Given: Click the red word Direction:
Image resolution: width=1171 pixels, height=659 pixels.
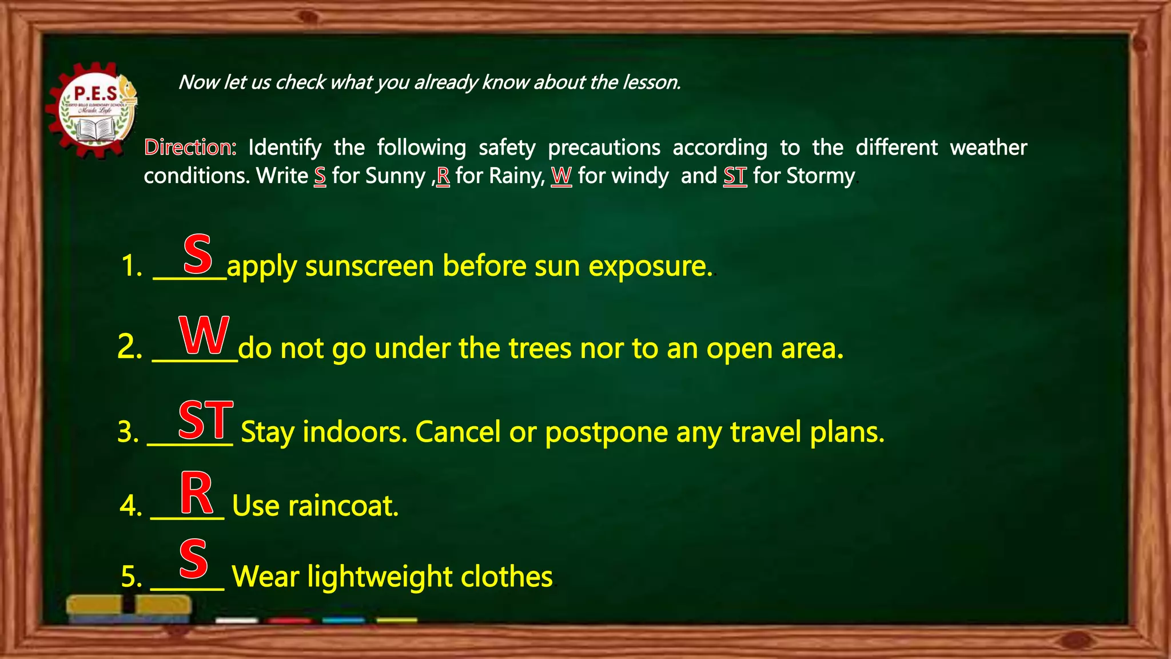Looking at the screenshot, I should coord(190,148).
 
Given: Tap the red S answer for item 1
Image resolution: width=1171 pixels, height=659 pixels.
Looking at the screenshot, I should coord(198,254).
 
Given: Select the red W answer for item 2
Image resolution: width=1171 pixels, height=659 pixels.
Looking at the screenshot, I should coord(204,336).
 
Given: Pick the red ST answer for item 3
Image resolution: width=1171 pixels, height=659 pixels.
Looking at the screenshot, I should coord(206,420).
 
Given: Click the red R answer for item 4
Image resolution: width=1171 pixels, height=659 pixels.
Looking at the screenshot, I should coord(197,493).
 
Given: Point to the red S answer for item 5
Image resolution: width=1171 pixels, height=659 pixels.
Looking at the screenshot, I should coord(193,559).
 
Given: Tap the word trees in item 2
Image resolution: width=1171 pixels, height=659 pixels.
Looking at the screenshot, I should coord(539,348).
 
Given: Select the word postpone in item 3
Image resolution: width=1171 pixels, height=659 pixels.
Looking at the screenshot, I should coord(606,432).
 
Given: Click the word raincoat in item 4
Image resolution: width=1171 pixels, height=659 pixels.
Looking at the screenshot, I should coord(343,506).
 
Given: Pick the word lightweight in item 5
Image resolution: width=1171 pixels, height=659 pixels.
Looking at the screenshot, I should coord(380,577).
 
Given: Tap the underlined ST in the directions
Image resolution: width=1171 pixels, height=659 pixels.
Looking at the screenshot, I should coord(735,176).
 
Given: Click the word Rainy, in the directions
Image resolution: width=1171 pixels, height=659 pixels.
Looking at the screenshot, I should coord(517,176).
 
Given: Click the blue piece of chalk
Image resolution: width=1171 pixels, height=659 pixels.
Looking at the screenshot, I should coord(343,620).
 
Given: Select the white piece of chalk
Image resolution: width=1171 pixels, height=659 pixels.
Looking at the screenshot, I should coord(237,620).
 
